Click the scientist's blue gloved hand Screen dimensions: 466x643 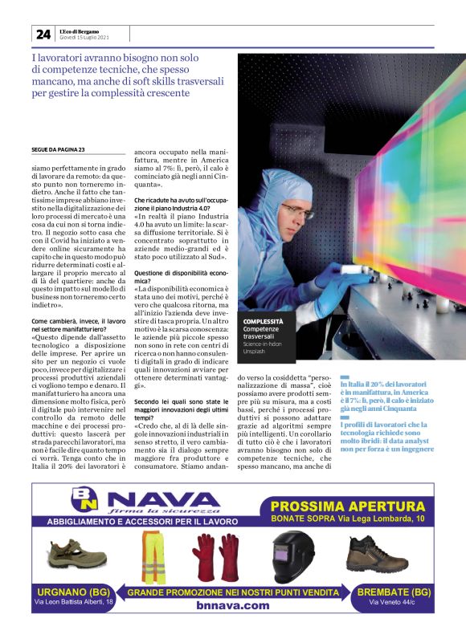click(x=337, y=278)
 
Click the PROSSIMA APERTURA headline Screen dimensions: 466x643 click(x=347, y=506)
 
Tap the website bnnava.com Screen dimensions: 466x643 click(x=232, y=605)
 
